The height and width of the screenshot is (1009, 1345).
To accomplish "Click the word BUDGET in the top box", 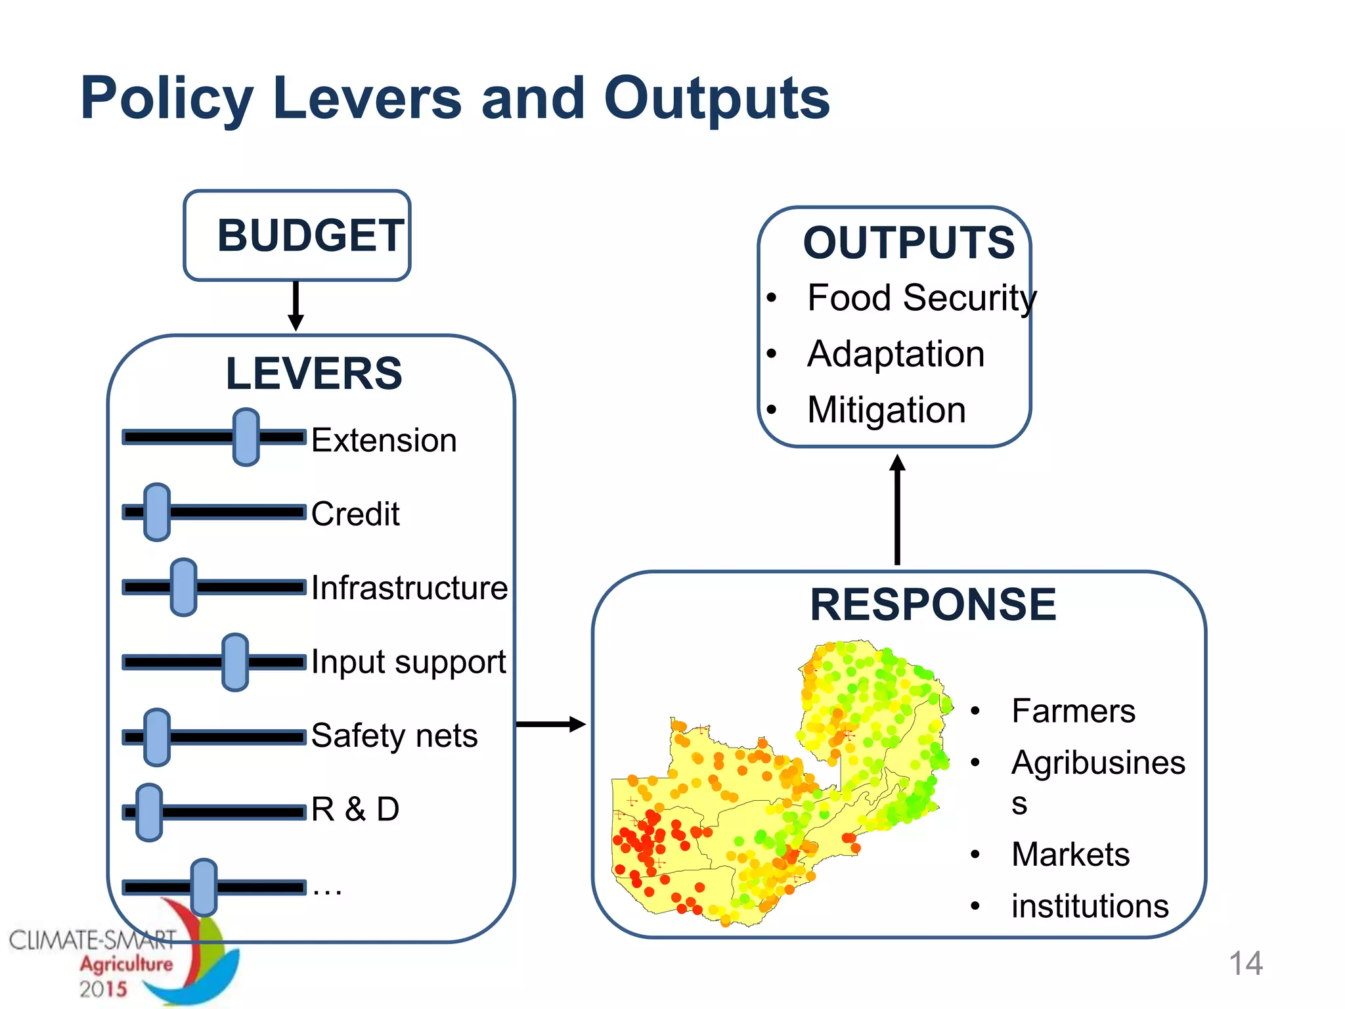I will tap(310, 235).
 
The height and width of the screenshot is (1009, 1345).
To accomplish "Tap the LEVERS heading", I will tap(314, 373).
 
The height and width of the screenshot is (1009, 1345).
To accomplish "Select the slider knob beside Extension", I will tap(246, 437).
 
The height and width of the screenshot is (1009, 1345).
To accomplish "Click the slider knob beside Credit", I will tap(157, 512).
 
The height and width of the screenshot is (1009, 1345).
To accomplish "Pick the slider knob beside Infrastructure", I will tap(183, 587).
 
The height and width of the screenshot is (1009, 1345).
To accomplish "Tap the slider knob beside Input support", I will tap(235, 662).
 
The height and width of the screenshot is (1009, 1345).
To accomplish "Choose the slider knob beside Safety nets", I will tap(157, 737).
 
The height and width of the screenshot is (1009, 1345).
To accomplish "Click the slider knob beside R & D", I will tap(149, 812).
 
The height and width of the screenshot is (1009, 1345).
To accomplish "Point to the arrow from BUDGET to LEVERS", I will tap(296, 306).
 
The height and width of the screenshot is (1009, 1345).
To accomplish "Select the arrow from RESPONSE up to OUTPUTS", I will tap(897, 509).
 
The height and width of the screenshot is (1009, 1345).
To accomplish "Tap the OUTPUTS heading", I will tap(909, 242).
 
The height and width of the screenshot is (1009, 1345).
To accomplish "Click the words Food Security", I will tap(922, 298).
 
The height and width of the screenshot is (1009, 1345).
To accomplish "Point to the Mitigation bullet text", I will tap(887, 410).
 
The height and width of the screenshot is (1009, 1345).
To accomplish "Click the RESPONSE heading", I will tap(933, 604).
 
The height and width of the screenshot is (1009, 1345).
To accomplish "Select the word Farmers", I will tap(1073, 711).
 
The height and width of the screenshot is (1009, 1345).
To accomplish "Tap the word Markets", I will tap(1070, 854).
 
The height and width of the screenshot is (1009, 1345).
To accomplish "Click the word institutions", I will tap(1090, 906).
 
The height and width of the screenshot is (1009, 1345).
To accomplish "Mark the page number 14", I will tap(1245, 964).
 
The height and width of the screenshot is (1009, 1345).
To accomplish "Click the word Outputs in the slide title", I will tap(717, 99).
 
